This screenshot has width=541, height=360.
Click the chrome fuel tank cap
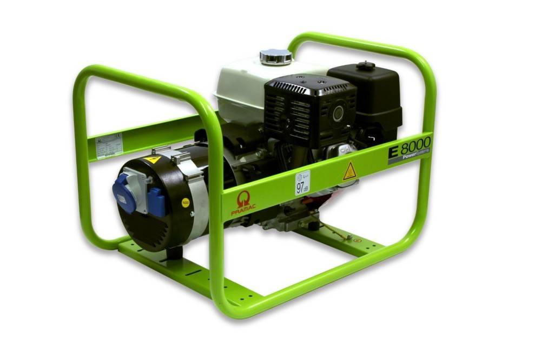[275, 56]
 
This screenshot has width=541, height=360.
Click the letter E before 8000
[393, 151]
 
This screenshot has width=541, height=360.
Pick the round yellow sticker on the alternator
[185, 203]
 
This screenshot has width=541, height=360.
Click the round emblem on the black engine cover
[338, 113]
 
